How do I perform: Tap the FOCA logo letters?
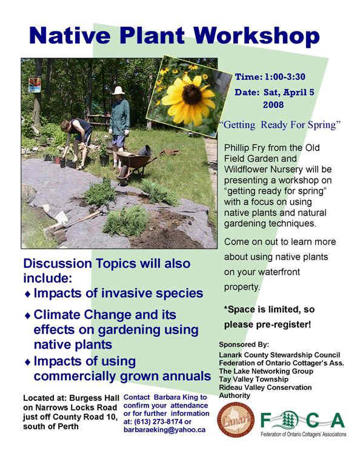303,420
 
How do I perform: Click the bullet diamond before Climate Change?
27,316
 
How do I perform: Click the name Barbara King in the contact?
171,397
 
